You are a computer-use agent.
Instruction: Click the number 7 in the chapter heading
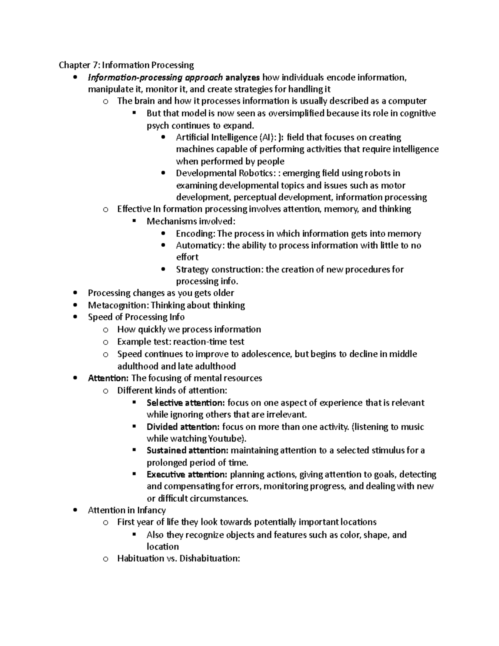pyautogui.click(x=95, y=65)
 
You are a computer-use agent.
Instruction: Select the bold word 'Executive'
pyautogui.click(x=166, y=474)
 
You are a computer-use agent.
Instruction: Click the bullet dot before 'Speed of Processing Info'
pyautogui.click(x=75, y=317)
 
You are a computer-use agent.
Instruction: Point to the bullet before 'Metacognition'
pyautogui.click(x=75, y=305)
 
